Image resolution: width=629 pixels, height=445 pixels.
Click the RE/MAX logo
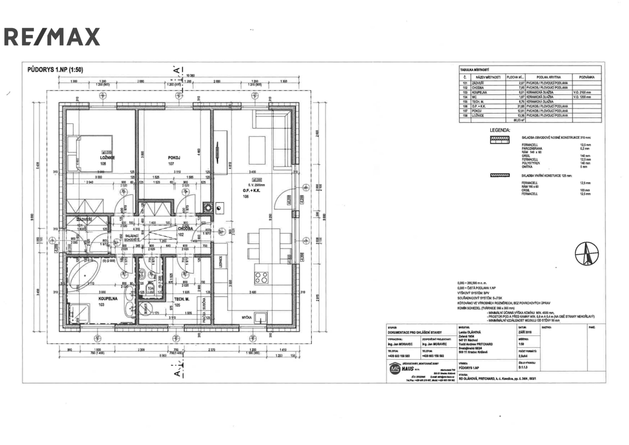(x=52, y=37)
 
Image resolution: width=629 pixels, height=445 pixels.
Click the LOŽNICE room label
(x=107, y=157)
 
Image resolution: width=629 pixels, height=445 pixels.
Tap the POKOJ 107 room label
(x=174, y=157)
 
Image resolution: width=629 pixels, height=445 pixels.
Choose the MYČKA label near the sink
(x=247, y=317)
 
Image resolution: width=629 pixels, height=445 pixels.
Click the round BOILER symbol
(x=145, y=309)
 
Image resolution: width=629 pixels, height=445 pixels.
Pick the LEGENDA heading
(x=500, y=130)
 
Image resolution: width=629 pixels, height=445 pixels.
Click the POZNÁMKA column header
(x=587, y=77)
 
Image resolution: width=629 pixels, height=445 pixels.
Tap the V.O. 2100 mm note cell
(x=582, y=92)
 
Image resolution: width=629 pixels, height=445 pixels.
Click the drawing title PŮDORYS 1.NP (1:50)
(x=55, y=70)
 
